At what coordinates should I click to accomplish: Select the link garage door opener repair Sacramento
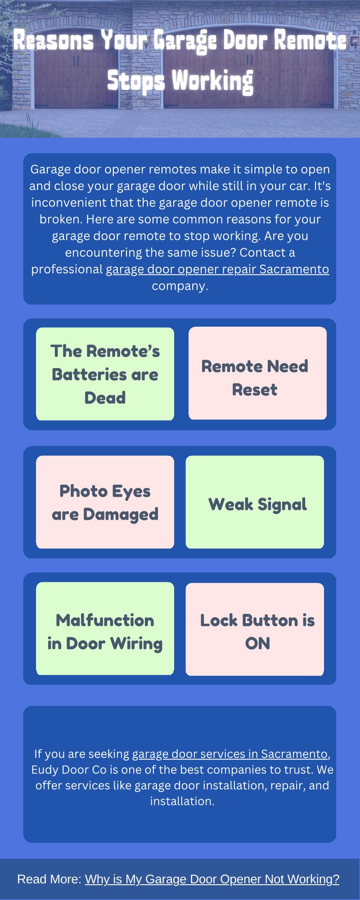pyautogui.click(x=217, y=269)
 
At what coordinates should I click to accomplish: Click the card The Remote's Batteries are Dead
pyautogui.click(x=105, y=374)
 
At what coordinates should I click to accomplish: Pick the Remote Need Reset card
pyautogui.click(x=257, y=373)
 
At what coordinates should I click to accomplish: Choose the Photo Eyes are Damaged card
pyautogui.click(x=105, y=502)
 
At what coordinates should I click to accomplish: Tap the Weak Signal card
pyautogui.click(x=255, y=502)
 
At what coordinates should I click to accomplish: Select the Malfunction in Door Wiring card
pyautogui.click(x=105, y=629)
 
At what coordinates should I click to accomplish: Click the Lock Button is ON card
pyautogui.click(x=255, y=630)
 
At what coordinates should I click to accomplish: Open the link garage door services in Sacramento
pyautogui.click(x=229, y=754)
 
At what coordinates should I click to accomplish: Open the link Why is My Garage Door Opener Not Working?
pyautogui.click(x=212, y=879)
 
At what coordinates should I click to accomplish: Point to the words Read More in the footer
pyautogui.click(x=49, y=879)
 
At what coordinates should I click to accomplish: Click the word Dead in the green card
pyautogui.click(x=105, y=398)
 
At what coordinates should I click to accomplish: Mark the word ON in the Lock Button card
pyautogui.click(x=257, y=643)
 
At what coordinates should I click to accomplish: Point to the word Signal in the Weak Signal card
pyautogui.click(x=282, y=504)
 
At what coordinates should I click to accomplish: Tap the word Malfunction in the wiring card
pyautogui.click(x=105, y=620)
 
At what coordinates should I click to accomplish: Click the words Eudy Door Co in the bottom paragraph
pyautogui.click(x=68, y=769)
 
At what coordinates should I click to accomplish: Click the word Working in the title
pyautogui.click(x=212, y=81)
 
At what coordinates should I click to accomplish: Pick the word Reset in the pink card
pyautogui.click(x=255, y=390)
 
